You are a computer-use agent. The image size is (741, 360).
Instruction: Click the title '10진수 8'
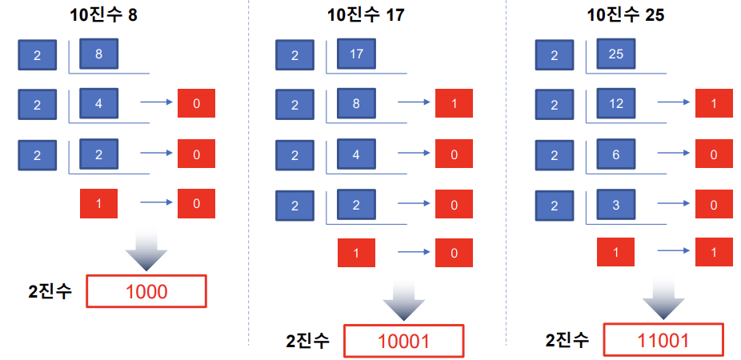(104, 15)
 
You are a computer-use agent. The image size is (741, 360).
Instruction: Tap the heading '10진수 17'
(366, 15)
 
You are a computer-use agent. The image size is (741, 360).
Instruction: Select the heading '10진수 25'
(626, 15)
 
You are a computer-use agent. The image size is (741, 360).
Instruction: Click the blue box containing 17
(356, 54)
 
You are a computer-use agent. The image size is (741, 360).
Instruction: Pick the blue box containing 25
(616, 54)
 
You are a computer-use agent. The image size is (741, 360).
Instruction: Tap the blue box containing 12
(616, 103)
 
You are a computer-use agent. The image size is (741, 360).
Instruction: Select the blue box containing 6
(616, 154)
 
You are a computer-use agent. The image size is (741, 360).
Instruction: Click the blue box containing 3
(616, 205)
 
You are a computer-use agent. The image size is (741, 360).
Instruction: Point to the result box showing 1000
(146, 291)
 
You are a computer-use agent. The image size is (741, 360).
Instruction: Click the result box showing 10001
(404, 341)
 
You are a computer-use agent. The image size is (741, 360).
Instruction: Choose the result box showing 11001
(663, 340)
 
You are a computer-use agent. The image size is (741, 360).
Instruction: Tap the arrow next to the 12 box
(674, 102)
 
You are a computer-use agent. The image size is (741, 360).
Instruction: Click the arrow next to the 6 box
(674, 153)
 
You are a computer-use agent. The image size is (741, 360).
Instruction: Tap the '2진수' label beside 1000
(50, 291)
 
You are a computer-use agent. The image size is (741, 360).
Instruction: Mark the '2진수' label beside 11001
(567, 340)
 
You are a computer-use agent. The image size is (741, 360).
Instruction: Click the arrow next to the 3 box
(674, 203)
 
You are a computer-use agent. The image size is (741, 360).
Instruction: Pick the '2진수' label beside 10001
(307, 341)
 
